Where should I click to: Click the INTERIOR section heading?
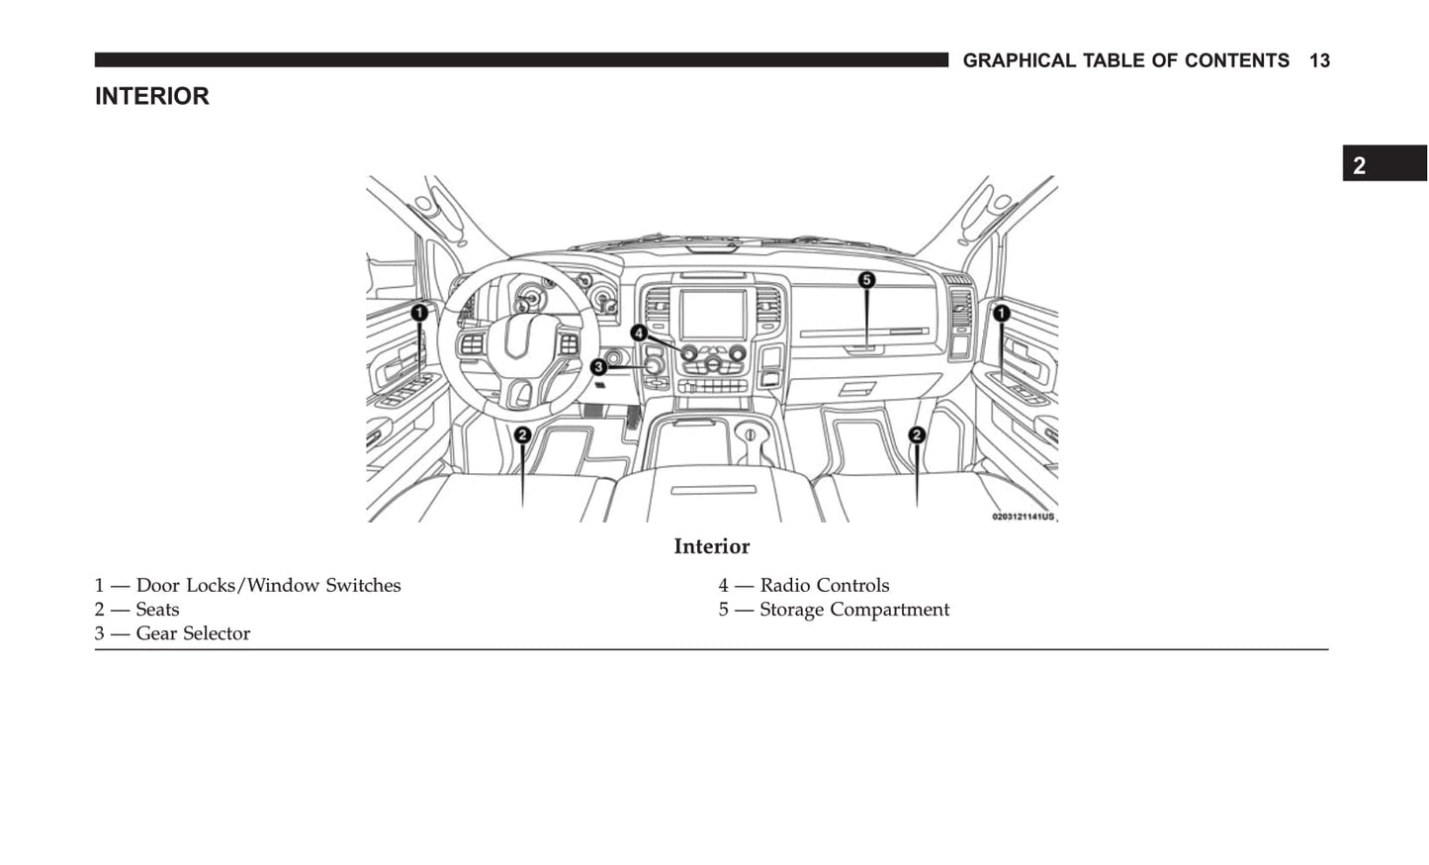[x=152, y=97]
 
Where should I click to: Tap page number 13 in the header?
[x=1319, y=61]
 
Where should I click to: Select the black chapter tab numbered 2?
[x=1384, y=164]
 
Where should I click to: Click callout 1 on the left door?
[x=419, y=313]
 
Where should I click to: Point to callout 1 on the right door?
[x=1002, y=314]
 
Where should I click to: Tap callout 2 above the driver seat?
[x=522, y=434]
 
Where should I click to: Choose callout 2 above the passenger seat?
[x=917, y=434]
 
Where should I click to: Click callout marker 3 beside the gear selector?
[x=598, y=367]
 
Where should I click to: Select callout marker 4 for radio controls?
[x=639, y=333]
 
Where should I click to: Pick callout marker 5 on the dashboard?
[x=866, y=280]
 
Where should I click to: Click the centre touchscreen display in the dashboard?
[x=712, y=315]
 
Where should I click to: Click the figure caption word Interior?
[x=712, y=547]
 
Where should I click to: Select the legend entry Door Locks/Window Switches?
[x=267, y=586]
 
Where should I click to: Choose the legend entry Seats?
[x=157, y=610]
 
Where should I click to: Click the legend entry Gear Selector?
[x=193, y=633]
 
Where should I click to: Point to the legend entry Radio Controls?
[x=824, y=586]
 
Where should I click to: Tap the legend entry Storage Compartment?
[x=854, y=610]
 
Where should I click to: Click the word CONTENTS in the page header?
[x=1236, y=61]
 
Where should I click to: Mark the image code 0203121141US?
[x=1023, y=517]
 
